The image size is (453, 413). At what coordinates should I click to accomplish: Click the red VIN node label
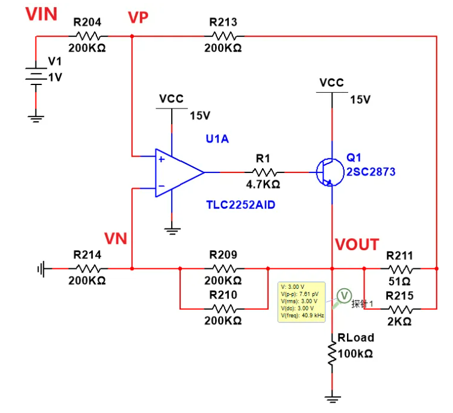tap(41, 14)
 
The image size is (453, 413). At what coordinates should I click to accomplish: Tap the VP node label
tap(138, 17)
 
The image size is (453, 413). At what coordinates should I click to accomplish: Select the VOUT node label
tap(357, 245)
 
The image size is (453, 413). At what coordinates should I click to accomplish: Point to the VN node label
tap(116, 239)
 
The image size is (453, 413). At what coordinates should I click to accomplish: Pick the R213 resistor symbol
tap(223, 36)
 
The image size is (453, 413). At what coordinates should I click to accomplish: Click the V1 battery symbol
tap(36, 75)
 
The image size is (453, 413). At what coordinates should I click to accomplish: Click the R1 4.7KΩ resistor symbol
tap(263, 172)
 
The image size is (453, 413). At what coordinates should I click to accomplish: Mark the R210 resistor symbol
tap(223, 308)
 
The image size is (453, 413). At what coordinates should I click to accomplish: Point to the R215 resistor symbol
tap(399, 308)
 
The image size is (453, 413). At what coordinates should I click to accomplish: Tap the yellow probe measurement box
tap(301, 301)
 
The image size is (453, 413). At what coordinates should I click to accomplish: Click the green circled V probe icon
tap(344, 295)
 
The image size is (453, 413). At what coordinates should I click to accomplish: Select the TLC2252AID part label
tap(240, 205)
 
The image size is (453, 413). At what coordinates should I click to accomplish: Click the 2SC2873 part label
tap(370, 172)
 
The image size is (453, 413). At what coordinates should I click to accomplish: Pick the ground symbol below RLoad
tap(332, 399)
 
